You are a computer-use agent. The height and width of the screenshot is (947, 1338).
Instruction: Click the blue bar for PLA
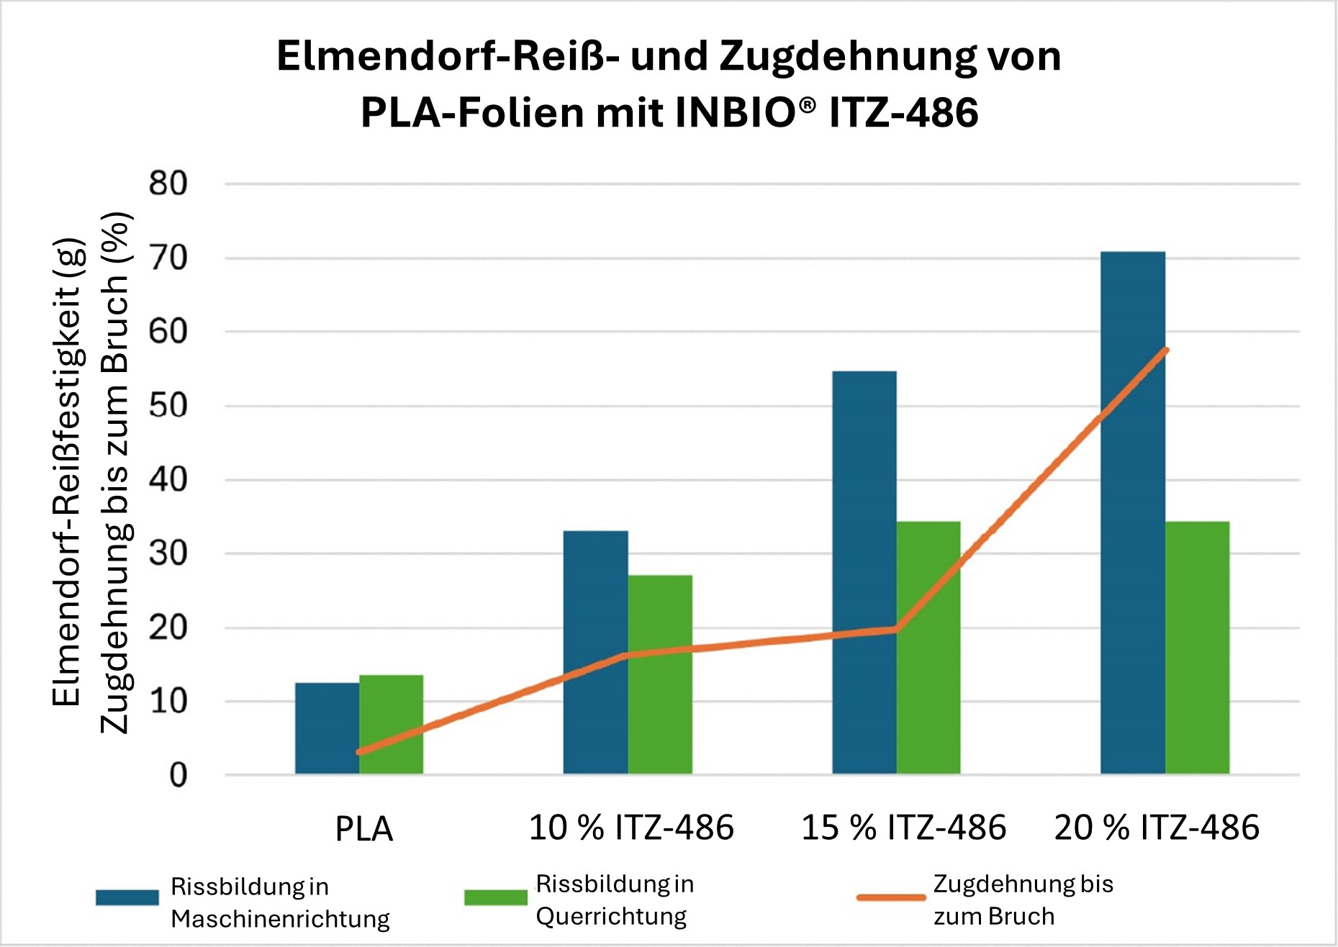coord(327,728)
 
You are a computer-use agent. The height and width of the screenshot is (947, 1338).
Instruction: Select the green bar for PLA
coord(391,724)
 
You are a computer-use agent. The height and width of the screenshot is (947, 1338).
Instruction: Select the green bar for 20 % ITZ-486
coord(1197,648)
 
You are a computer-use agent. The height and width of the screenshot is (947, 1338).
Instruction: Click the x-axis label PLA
coord(364,829)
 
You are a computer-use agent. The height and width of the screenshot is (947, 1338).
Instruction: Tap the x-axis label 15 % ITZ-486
coord(903,828)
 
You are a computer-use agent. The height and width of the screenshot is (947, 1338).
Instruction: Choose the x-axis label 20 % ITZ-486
coord(1157,828)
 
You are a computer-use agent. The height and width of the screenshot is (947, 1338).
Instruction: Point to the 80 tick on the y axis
coord(168,183)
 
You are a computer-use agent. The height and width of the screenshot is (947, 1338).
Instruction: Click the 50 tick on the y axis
coord(168,406)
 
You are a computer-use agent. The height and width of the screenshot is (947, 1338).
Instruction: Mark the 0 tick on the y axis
coord(178,775)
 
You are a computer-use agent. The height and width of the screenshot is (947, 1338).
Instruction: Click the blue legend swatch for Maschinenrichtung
coord(127,897)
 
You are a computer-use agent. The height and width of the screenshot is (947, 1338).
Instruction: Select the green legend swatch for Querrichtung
coord(495,897)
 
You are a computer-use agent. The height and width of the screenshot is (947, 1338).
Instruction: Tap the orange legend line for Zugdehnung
coord(890,897)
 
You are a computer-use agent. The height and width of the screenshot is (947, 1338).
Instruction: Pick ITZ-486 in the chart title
coord(903,112)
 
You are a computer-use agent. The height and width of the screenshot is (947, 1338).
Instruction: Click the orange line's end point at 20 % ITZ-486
coord(1165,350)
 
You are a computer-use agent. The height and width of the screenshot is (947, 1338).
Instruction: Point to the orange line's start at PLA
coord(359,752)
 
